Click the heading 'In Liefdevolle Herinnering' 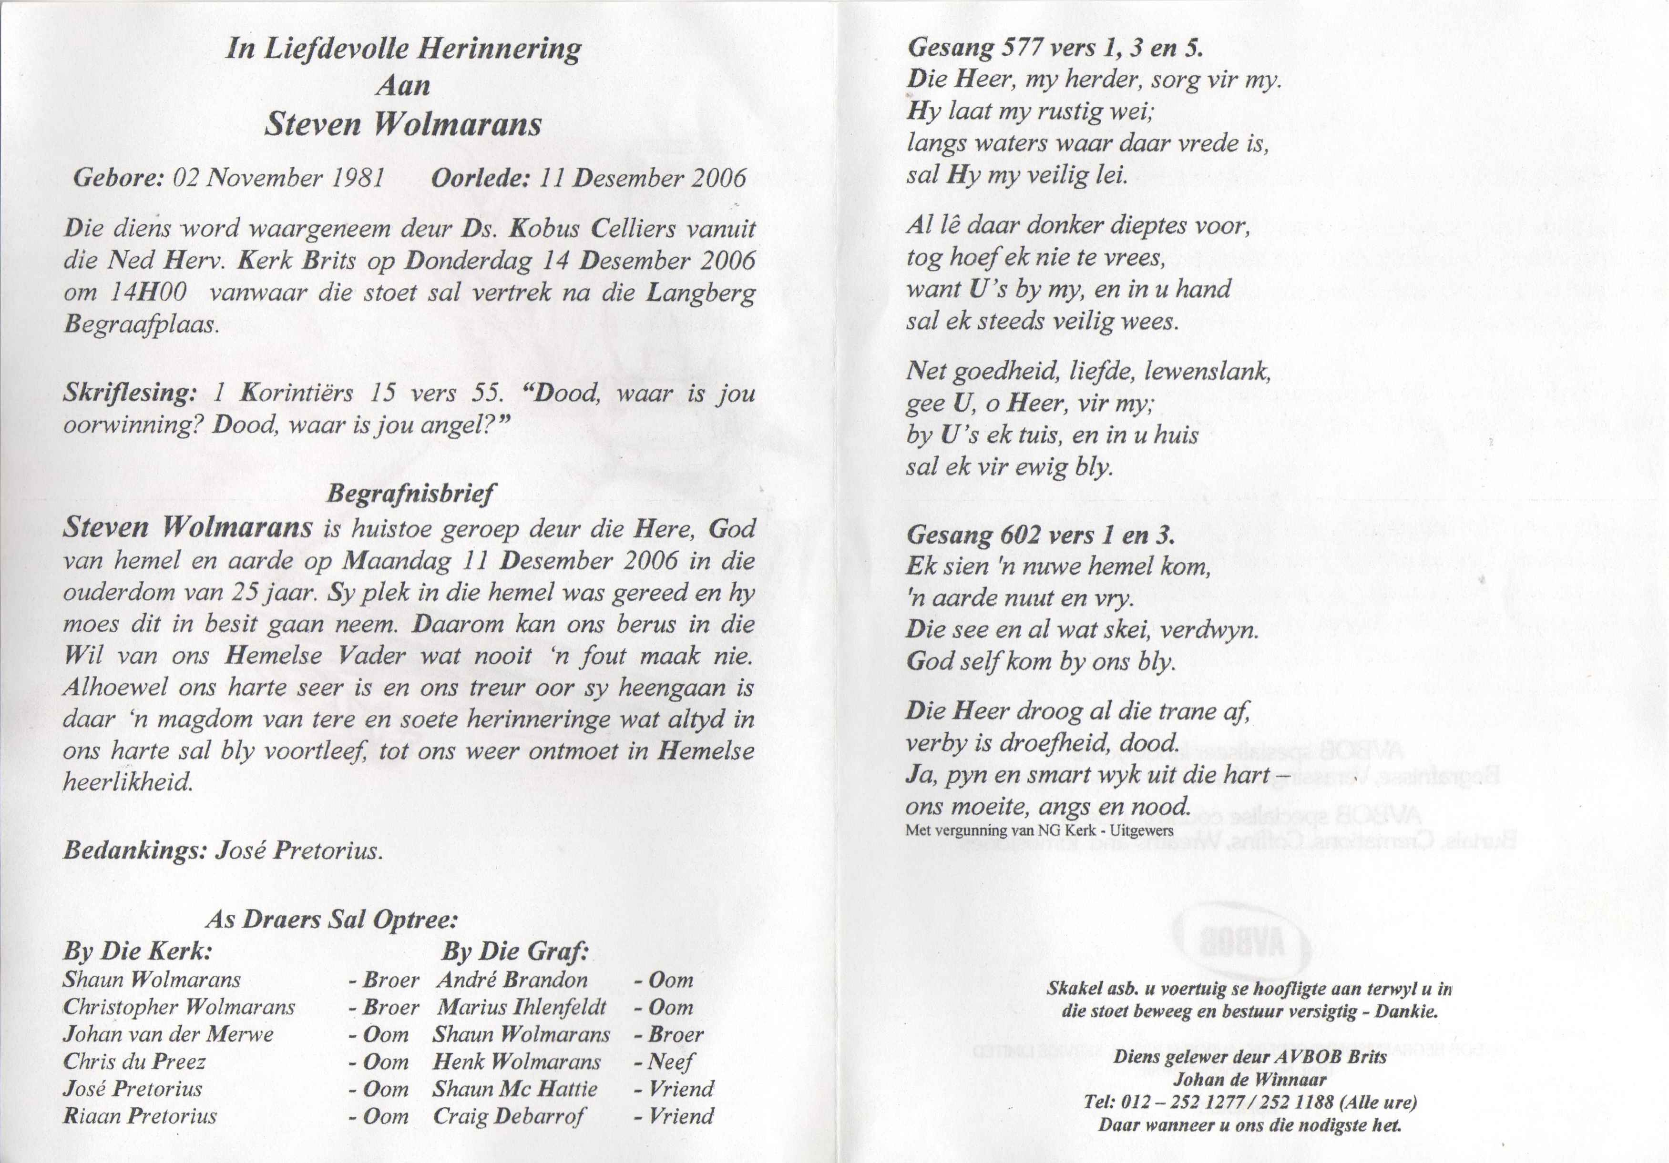point(403,50)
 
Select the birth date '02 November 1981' point(278,178)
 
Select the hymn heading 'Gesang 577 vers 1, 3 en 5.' point(1055,48)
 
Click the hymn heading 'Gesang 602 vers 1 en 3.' point(1040,536)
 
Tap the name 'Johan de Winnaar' point(1249,1080)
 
